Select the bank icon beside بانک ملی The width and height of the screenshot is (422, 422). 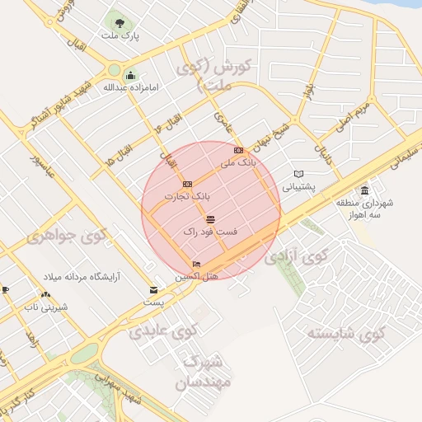pos(239,150)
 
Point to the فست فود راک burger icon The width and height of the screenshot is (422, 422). pos(210,219)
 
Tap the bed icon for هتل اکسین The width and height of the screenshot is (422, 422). pos(195,265)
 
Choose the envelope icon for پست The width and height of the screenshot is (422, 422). pos(153,290)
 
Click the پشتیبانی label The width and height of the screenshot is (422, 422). pos(299,187)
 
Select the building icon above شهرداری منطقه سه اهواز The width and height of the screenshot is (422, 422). pos(365,190)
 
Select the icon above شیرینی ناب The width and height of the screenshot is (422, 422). pos(45,294)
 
